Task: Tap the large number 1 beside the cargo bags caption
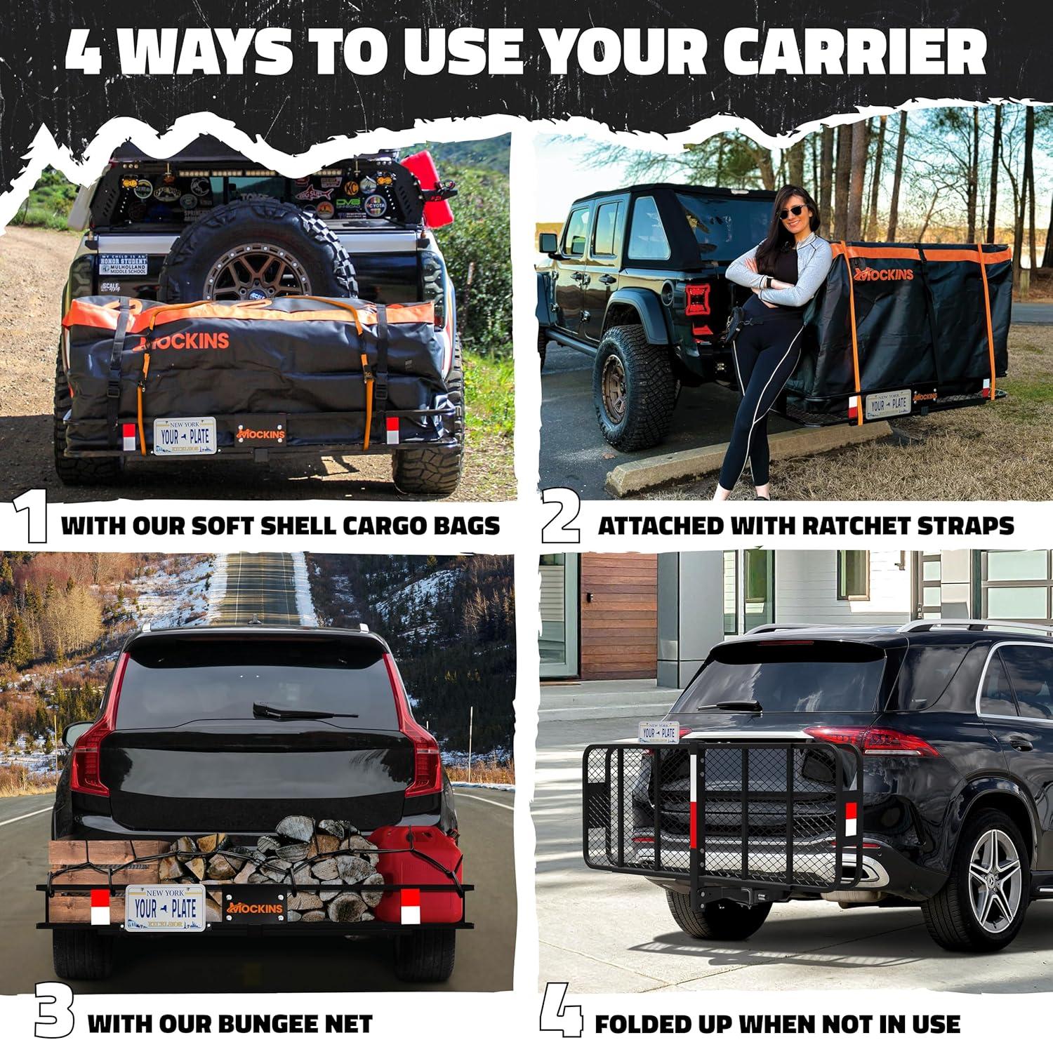tap(31, 517)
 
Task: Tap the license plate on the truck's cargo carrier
tap(185, 436)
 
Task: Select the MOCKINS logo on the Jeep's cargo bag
tap(882, 273)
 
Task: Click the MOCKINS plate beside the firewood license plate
tap(255, 907)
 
